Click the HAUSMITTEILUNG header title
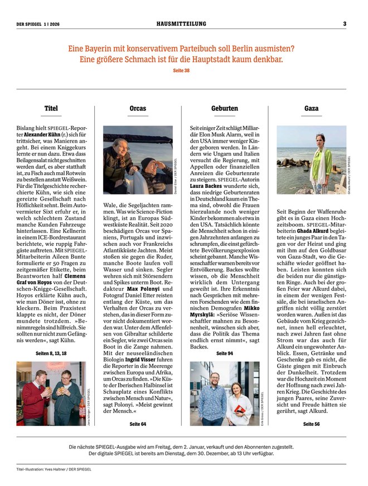181,23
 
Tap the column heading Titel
51,108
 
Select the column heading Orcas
138,108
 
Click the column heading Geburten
225,108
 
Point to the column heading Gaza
312,108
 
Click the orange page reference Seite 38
182,70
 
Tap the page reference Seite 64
138,424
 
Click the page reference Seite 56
312,424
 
